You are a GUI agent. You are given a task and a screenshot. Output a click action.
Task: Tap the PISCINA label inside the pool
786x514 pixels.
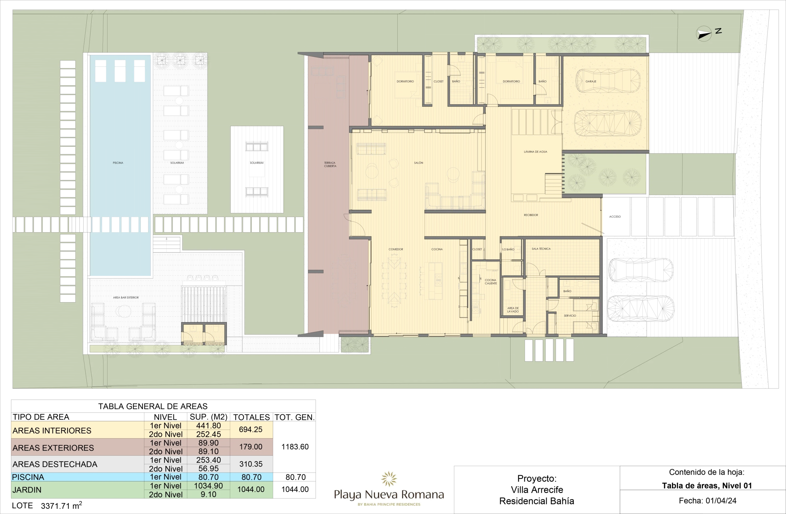(118, 163)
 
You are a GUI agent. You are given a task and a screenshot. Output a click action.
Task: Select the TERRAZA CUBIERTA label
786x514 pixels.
(330, 164)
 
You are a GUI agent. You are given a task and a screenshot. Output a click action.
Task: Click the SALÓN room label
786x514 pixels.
(418, 163)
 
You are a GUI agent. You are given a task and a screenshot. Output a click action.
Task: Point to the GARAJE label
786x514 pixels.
(591, 81)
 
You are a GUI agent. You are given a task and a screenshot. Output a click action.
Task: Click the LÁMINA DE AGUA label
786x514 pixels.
(535, 152)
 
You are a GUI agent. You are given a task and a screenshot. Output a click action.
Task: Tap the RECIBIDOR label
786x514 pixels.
(531, 215)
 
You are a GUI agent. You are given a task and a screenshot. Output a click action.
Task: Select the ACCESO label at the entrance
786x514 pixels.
(615, 217)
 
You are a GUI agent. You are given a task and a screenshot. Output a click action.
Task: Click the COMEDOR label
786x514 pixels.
(396, 249)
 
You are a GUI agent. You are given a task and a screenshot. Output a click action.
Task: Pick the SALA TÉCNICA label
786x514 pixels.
(541, 249)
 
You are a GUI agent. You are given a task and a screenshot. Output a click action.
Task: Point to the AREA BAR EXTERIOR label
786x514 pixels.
(126, 297)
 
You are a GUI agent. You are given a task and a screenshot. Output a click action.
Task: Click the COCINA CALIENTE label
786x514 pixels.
(491, 282)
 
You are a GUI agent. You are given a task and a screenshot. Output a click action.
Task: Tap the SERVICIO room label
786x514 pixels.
(570, 315)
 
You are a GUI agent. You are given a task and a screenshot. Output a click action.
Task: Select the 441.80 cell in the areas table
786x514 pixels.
(208, 426)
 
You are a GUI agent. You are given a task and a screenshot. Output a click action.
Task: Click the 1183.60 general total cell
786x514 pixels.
(295, 447)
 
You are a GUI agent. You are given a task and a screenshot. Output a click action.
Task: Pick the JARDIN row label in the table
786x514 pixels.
(27, 490)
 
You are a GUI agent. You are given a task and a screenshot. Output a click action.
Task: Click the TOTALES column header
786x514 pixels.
(251, 417)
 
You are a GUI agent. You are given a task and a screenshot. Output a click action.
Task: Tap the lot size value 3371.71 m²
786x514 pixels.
(61, 505)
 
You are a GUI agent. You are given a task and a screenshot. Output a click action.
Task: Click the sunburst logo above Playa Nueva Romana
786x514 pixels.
(389, 479)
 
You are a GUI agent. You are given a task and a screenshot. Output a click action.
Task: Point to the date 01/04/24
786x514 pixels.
(721, 501)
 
